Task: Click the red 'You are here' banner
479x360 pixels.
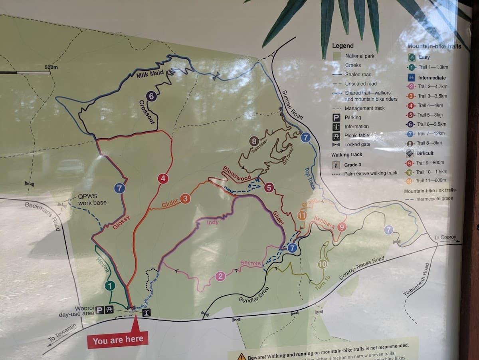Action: click(117, 340)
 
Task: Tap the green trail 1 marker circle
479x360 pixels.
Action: click(110, 286)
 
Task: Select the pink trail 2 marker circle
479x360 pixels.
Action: click(220, 276)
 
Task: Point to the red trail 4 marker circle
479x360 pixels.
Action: click(162, 179)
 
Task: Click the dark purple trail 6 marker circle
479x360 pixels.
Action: click(150, 96)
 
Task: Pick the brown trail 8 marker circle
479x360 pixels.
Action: click(253, 141)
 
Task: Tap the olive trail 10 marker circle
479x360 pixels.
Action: click(323, 264)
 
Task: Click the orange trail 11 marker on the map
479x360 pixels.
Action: click(302, 216)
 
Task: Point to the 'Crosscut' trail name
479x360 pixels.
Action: click(146, 112)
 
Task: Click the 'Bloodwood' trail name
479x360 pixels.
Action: click(237, 173)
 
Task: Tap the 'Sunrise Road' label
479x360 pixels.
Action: click(293, 105)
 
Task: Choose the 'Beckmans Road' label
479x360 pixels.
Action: click(42, 216)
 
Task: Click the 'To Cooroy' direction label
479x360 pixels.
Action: click(445, 237)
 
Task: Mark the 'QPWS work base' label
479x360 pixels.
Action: click(92, 200)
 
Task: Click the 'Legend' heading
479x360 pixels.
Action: click(342, 46)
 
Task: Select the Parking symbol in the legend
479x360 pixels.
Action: click(336, 117)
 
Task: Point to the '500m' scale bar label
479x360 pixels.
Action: click(51, 67)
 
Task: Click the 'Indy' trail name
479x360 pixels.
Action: click(212, 222)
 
